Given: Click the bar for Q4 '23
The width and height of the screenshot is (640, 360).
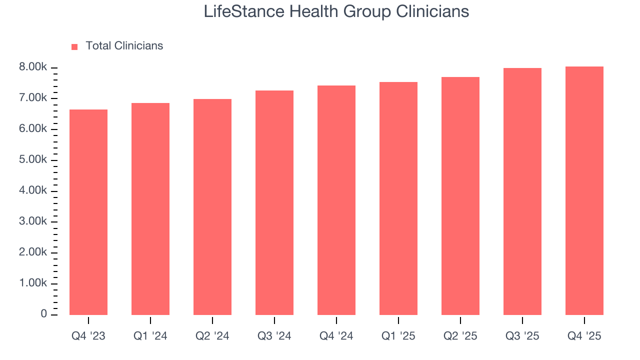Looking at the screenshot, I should [x=88, y=212].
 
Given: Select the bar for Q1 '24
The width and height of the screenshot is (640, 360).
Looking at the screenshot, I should [x=150, y=209].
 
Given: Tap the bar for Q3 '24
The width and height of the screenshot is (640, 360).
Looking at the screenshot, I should [x=274, y=202].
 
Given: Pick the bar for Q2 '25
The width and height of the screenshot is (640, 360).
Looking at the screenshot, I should [x=460, y=196].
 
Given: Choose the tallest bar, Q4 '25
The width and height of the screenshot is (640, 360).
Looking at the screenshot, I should [x=584, y=190].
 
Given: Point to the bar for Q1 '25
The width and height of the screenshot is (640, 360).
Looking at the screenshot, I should [x=398, y=198].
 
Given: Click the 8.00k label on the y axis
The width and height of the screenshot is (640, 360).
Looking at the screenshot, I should [x=33, y=67].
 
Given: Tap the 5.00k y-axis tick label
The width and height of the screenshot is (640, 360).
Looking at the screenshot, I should [x=33, y=160].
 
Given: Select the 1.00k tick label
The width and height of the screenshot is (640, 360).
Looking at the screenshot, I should [x=33, y=283].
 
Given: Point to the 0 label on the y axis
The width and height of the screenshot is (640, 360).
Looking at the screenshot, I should [x=44, y=314].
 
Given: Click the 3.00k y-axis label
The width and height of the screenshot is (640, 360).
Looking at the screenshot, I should [x=33, y=222].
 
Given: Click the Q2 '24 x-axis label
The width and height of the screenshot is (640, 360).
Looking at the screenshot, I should [x=212, y=336].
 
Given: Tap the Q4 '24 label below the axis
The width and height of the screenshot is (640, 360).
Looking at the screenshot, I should [x=336, y=336].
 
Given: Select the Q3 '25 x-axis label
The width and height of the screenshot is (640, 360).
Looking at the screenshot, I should [x=522, y=336].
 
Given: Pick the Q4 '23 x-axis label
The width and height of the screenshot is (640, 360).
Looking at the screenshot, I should [x=88, y=336].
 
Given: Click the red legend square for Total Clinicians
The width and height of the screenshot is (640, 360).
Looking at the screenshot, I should [x=74, y=46].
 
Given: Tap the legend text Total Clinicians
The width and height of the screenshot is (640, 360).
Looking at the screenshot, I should [x=124, y=46].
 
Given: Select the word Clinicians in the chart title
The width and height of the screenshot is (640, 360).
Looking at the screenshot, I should [x=432, y=11].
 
